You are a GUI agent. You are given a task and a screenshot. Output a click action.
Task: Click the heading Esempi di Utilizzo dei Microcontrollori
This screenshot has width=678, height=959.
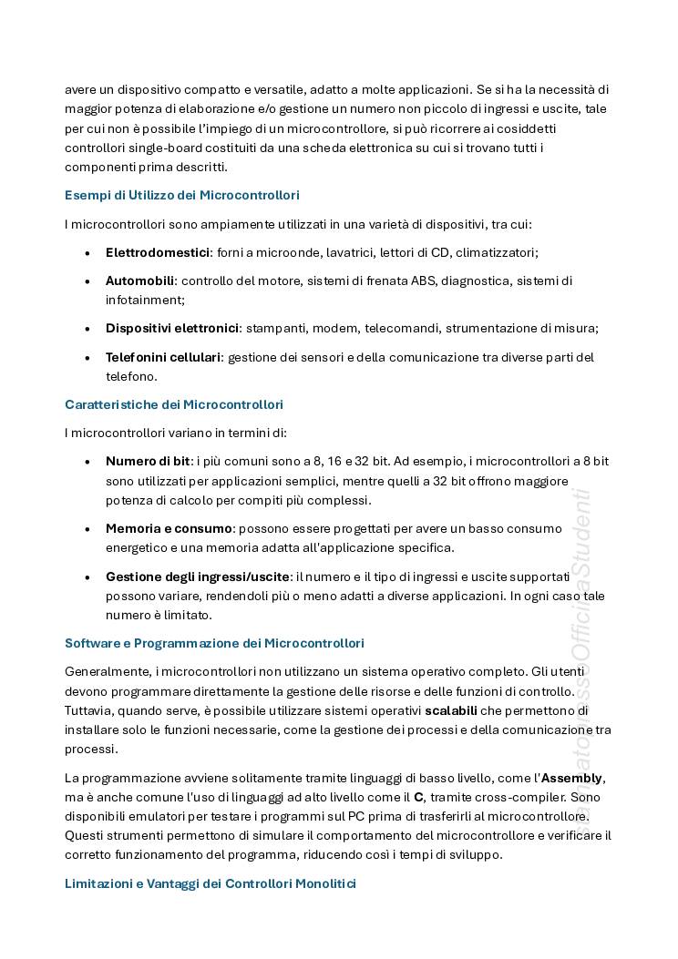point(182,195)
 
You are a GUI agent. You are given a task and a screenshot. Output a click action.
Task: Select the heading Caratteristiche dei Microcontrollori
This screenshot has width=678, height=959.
point(174,404)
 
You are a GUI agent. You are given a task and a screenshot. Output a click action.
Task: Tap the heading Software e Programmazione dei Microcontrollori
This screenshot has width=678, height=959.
point(214,643)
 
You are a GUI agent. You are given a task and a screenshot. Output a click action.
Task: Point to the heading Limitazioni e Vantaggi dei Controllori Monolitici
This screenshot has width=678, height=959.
point(211,883)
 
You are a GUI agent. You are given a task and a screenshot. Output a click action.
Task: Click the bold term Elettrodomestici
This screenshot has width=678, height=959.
point(158,252)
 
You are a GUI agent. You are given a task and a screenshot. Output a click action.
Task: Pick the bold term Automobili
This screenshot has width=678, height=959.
point(139,281)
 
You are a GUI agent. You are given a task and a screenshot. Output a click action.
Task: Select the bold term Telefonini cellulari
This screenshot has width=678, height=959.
point(163,357)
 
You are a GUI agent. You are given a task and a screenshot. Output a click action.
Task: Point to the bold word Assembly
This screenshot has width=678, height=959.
point(571,777)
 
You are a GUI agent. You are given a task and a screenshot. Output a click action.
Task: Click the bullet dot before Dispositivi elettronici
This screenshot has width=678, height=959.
point(87,329)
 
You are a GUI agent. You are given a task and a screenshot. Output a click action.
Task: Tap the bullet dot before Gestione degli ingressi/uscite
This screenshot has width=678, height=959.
point(87,577)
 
